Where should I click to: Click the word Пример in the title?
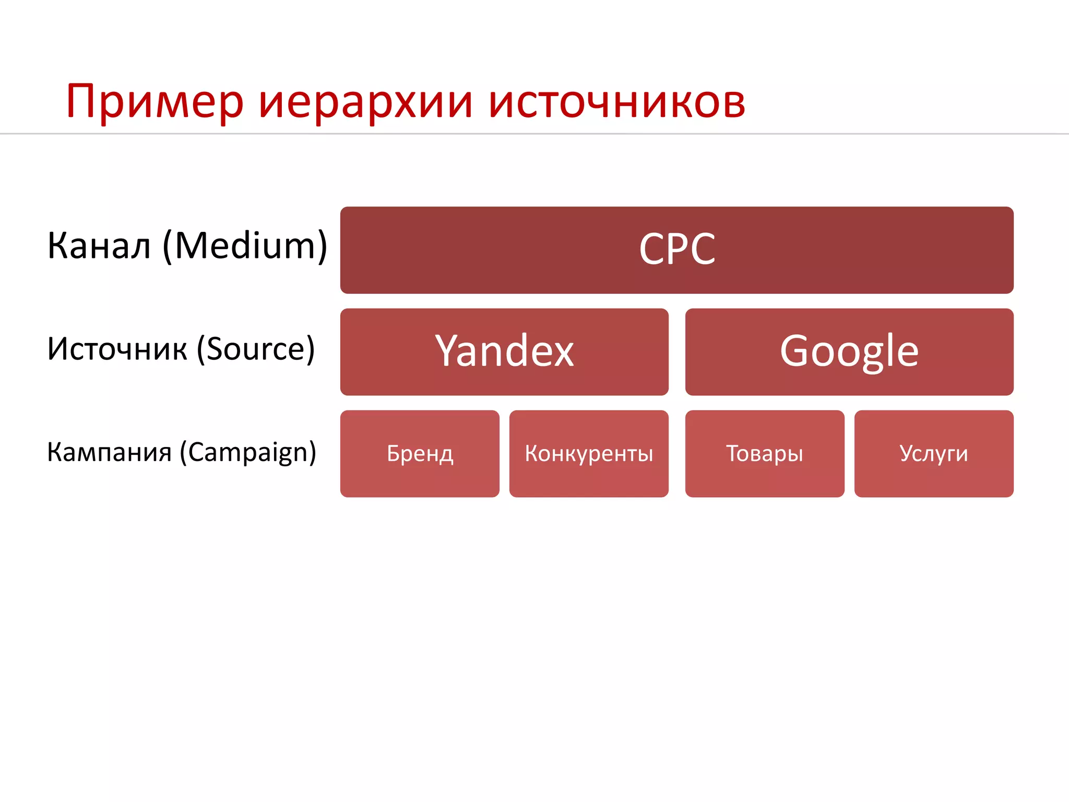pyautogui.click(x=155, y=102)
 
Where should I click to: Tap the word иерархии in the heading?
pyautogui.click(x=365, y=102)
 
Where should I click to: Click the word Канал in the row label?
pyautogui.click(x=99, y=245)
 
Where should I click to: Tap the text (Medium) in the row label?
pyautogui.click(x=245, y=245)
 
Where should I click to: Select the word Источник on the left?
pyautogui.click(x=117, y=349)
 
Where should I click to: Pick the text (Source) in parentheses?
pyautogui.click(x=256, y=349)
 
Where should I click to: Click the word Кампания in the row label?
pyautogui.click(x=109, y=452)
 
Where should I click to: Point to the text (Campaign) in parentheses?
pyautogui.click(x=248, y=452)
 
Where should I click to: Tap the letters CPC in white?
pyautogui.click(x=677, y=249)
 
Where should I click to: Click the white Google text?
pyautogui.click(x=849, y=351)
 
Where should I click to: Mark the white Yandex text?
pyautogui.click(x=504, y=351)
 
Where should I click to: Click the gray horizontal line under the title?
pyautogui.click(x=534, y=134)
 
